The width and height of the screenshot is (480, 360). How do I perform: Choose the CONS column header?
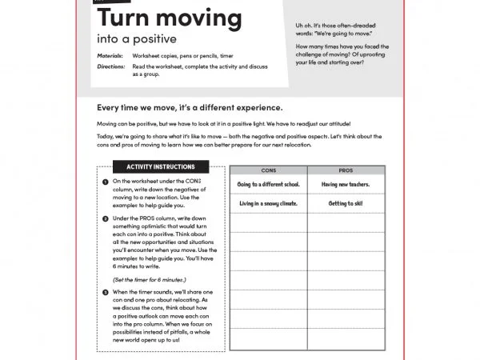click(268, 170)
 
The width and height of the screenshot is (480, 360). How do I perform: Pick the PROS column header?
click(346, 170)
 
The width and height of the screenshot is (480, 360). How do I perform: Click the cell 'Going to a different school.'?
click(268, 185)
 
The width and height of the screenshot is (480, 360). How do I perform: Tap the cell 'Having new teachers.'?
click(346, 185)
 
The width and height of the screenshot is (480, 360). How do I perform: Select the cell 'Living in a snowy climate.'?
click(268, 203)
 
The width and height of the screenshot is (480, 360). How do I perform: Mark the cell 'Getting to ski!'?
click(346, 203)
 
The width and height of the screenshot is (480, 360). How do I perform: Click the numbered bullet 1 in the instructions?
click(106, 182)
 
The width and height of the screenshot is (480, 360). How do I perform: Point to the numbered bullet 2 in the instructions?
click(106, 218)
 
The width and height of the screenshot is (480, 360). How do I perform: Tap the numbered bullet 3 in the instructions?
click(106, 292)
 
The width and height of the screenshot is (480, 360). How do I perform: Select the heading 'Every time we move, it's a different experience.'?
click(190, 107)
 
